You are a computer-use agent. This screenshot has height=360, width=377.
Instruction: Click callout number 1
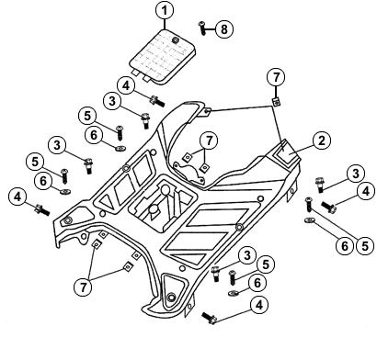click(165, 10)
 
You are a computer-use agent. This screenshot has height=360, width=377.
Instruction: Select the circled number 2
click(322, 141)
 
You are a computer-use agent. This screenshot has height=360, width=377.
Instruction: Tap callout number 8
click(224, 29)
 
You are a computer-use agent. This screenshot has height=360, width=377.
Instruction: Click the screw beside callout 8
click(202, 28)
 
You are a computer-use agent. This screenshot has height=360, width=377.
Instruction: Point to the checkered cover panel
click(163, 56)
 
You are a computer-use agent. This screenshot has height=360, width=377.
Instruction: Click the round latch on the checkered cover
click(176, 39)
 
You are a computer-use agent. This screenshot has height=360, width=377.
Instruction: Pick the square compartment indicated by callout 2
click(284, 152)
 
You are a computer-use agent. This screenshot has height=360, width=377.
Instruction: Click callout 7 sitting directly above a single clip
click(276, 77)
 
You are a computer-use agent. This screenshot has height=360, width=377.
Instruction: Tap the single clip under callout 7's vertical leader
click(277, 102)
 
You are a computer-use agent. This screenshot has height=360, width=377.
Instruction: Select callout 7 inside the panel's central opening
click(209, 141)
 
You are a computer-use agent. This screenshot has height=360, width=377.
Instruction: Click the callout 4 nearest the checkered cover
click(126, 86)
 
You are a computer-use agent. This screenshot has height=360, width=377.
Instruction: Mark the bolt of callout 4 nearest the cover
click(157, 101)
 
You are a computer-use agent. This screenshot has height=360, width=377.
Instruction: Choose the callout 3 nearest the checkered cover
click(112, 101)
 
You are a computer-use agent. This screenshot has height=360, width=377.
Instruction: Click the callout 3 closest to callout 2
click(356, 174)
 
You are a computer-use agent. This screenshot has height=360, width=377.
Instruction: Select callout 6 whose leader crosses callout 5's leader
click(345, 246)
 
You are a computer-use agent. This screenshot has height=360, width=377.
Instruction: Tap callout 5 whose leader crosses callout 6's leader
click(365, 246)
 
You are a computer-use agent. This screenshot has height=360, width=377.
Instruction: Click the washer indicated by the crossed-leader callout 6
click(310, 219)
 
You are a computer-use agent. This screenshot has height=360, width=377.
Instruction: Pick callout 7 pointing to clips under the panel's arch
click(83, 287)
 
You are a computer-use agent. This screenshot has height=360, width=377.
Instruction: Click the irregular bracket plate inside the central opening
click(188, 172)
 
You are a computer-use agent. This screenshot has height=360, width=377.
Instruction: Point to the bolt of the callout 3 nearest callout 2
click(320, 186)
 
